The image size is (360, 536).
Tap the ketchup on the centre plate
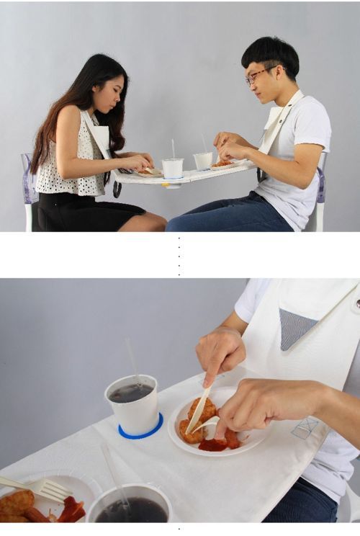(214, 445)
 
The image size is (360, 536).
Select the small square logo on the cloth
(304, 427)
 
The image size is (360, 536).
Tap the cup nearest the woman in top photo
(172, 168)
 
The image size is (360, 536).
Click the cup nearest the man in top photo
(204, 160)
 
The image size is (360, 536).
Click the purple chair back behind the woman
(28, 180)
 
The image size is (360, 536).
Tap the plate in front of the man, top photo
(222, 165)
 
